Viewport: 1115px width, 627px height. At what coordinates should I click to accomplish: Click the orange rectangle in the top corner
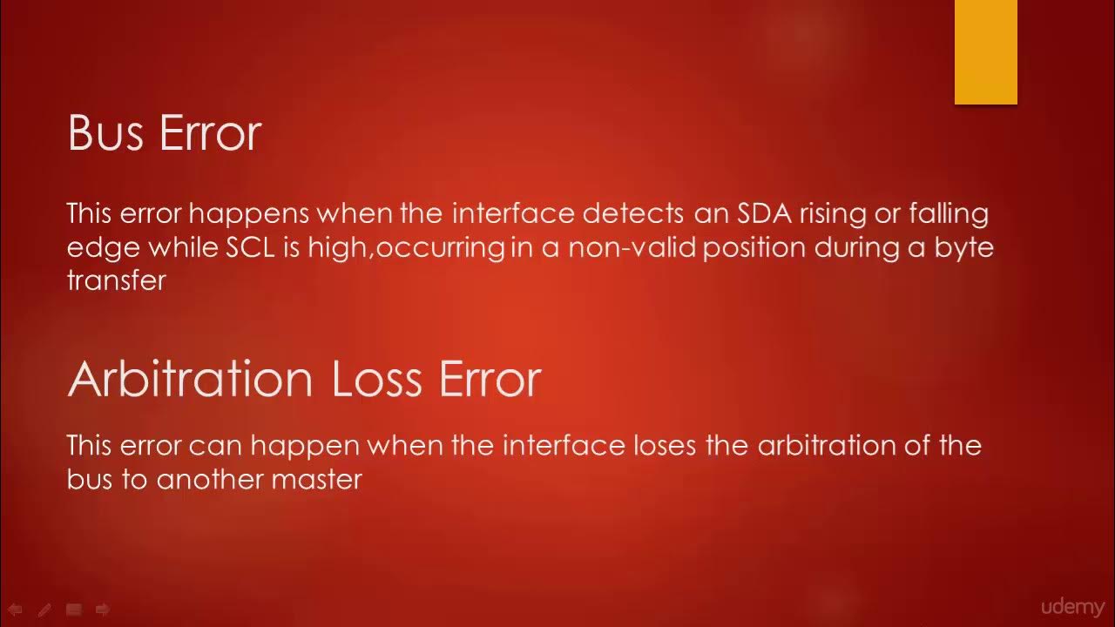[985, 52]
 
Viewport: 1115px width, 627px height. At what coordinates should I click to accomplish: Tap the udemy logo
[1072, 607]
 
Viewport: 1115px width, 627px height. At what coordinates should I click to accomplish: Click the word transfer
[116, 280]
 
